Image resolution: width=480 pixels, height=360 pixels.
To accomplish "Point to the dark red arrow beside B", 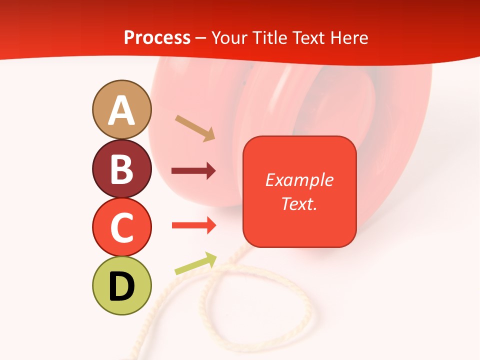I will click(x=193, y=171).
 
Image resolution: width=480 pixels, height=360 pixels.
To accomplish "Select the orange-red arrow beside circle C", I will click(x=193, y=225).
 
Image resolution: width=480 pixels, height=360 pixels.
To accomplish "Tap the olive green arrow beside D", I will click(x=195, y=263).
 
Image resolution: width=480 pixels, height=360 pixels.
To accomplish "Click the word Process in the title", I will click(x=157, y=37).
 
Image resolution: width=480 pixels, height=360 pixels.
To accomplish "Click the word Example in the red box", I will click(x=299, y=180).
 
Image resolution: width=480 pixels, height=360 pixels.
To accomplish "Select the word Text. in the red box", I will click(x=299, y=203).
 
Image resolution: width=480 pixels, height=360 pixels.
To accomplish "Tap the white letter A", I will click(x=121, y=110).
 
